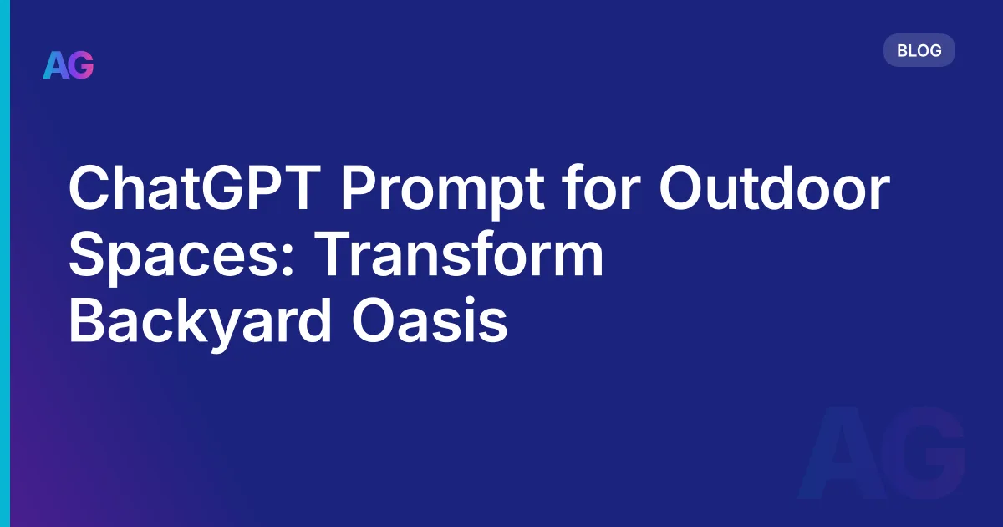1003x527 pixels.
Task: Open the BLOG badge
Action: (x=919, y=50)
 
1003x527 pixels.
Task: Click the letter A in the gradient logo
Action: (x=55, y=65)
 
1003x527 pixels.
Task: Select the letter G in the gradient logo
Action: (x=81, y=65)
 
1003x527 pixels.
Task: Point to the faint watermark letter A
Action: (x=843, y=456)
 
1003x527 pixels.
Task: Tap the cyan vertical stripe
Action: (x=4, y=263)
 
